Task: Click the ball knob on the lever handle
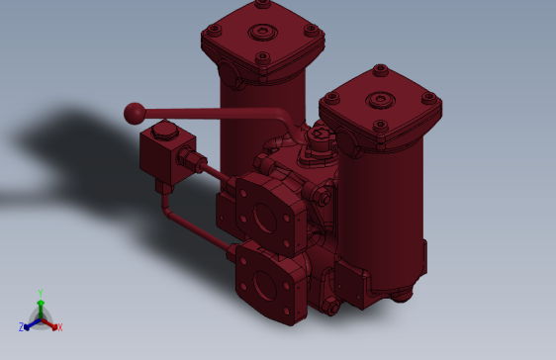pyautogui.click(x=134, y=113)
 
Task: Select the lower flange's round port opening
pyautogui.click(x=265, y=288)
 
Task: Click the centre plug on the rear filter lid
pyautogui.click(x=261, y=32)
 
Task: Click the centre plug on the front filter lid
pyautogui.click(x=379, y=100)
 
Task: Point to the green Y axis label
pyautogui.click(x=41, y=293)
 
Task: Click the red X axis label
pyautogui.click(x=59, y=327)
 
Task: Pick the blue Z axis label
pyautogui.click(x=22, y=327)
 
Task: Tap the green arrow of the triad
pyautogui.click(x=41, y=305)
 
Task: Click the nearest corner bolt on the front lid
pyautogui.click(x=380, y=126)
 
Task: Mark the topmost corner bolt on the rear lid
pyautogui.click(x=263, y=4)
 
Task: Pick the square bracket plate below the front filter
pyautogui.click(x=351, y=282)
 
